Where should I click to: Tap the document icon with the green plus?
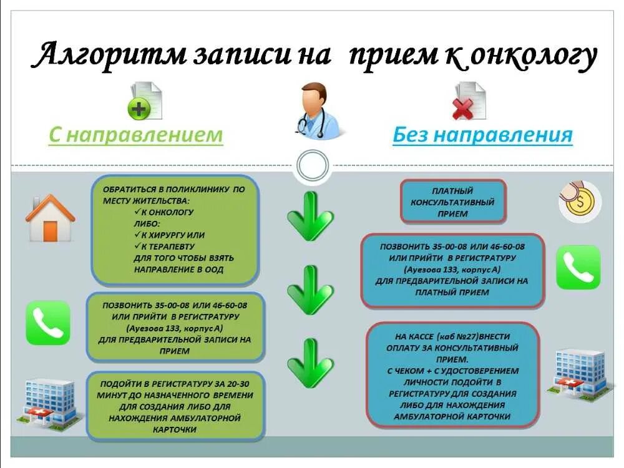144,102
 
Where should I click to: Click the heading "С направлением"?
135,135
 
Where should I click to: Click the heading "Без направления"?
482,135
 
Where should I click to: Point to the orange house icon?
50,218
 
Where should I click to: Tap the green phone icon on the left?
48,323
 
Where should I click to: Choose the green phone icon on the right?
578,267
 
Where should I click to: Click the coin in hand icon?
580,201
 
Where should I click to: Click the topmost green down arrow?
310,217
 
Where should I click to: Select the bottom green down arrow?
310,363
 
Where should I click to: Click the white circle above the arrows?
313,166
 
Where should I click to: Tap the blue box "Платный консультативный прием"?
453,202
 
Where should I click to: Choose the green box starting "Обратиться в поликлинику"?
175,229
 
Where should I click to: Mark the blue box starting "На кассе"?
453,374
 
